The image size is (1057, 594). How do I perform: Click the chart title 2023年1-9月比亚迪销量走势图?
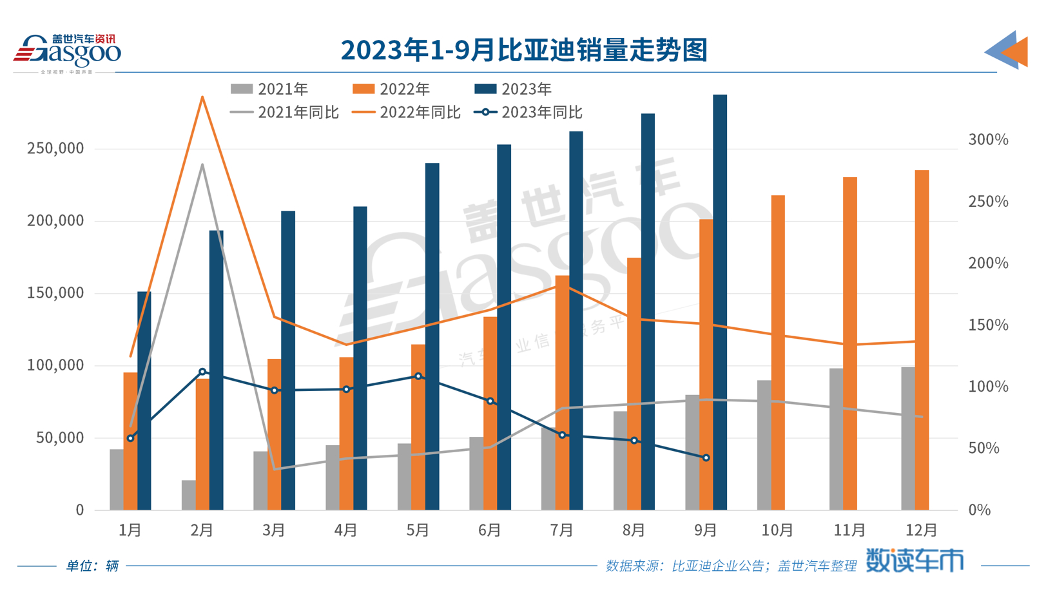coord(524,50)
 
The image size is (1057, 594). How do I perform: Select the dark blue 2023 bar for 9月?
coord(720,303)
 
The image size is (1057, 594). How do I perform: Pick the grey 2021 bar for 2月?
coord(189,495)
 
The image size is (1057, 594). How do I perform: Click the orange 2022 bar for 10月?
coord(778,352)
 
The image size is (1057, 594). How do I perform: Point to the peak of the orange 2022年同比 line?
coord(202,97)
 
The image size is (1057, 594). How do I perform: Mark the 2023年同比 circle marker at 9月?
coord(706,458)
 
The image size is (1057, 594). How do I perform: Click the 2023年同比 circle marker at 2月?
coord(202,372)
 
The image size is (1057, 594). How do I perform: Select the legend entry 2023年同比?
coord(528,112)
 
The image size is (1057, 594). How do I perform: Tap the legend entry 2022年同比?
coord(407,112)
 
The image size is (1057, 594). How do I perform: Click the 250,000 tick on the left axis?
coord(55,148)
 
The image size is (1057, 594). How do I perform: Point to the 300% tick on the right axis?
coord(987,139)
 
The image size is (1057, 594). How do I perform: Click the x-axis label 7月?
coord(562,530)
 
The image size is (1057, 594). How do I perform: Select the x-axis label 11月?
coord(849,530)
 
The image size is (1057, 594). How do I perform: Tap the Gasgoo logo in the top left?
coord(67,52)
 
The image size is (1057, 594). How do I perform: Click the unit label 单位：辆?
coord(92,566)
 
